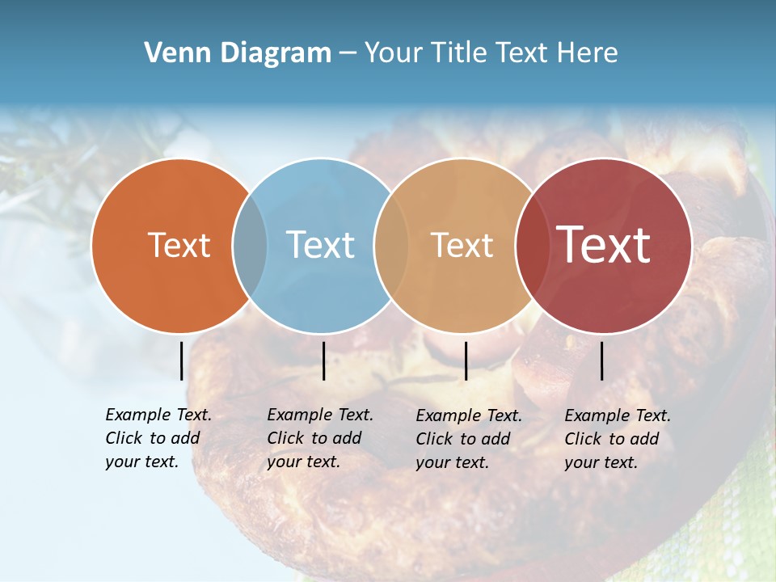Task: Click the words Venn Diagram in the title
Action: coord(238,53)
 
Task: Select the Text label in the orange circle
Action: coord(179,245)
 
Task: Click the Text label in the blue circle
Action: coord(320,245)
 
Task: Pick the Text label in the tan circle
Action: coord(462,245)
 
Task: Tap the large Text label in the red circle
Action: coord(604,245)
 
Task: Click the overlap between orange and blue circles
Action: coord(250,245)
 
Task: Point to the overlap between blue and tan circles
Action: coord(391,245)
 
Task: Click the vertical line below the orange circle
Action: coord(181,361)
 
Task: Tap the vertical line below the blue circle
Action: coord(323,361)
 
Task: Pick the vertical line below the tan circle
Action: coord(466,361)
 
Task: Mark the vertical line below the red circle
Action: coord(601,361)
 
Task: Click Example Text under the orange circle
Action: coord(158,415)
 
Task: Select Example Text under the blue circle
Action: coord(320,415)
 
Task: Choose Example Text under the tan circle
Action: coord(469,416)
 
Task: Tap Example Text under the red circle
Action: coord(618,416)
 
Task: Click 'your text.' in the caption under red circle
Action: coord(601,463)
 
